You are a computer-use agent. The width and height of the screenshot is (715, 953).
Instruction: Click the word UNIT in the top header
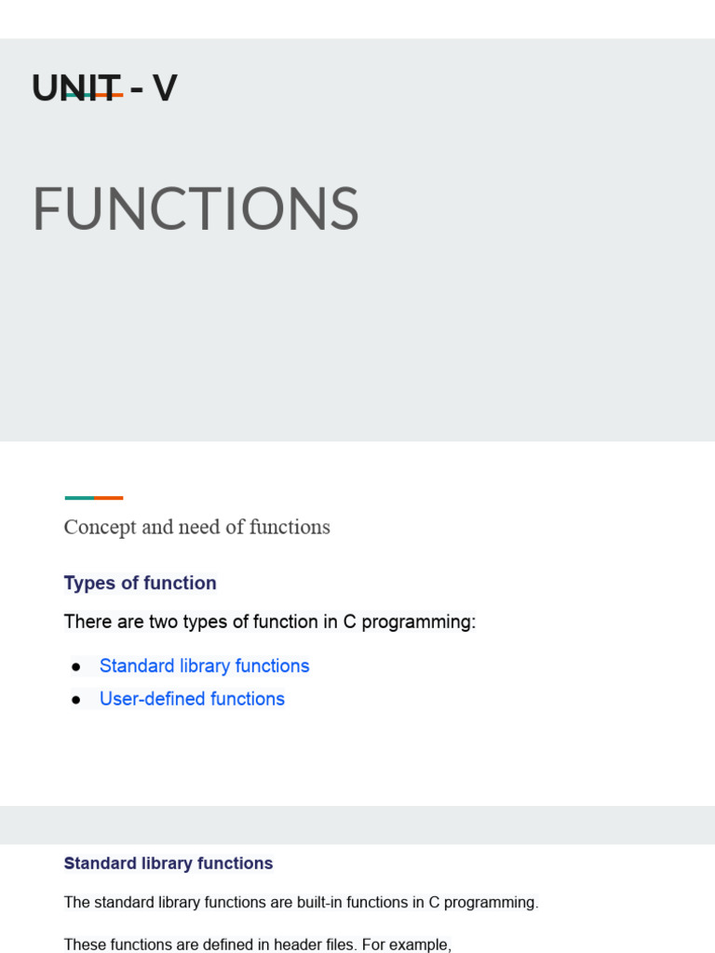tap(76, 88)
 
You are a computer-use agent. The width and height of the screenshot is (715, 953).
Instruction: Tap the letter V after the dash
tap(165, 88)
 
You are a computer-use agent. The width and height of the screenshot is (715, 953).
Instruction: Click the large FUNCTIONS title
tap(196, 209)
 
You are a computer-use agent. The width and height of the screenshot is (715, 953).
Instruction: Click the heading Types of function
tap(140, 584)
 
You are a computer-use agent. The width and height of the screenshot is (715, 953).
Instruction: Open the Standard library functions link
tap(204, 666)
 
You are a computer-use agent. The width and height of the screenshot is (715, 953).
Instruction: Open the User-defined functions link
tap(192, 699)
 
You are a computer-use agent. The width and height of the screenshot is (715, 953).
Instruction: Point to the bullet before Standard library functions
tap(76, 667)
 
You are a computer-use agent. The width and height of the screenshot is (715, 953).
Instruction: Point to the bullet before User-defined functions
tap(76, 700)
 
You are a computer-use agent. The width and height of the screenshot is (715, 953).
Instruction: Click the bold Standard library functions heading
tap(169, 864)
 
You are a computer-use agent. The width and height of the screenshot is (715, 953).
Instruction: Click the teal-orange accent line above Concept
tap(94, 498)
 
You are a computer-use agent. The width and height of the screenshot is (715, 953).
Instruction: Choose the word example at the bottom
tap(422, 946)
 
